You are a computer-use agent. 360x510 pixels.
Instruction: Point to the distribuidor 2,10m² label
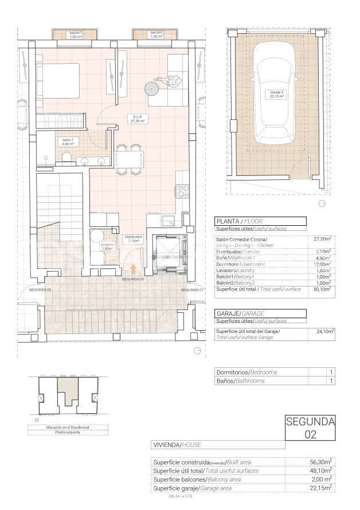[134, 238]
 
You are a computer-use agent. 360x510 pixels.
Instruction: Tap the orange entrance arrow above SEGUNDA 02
[134, 268]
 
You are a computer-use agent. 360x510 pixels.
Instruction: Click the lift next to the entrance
[169, 253]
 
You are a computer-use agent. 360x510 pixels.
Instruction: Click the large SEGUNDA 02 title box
[310, 428]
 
